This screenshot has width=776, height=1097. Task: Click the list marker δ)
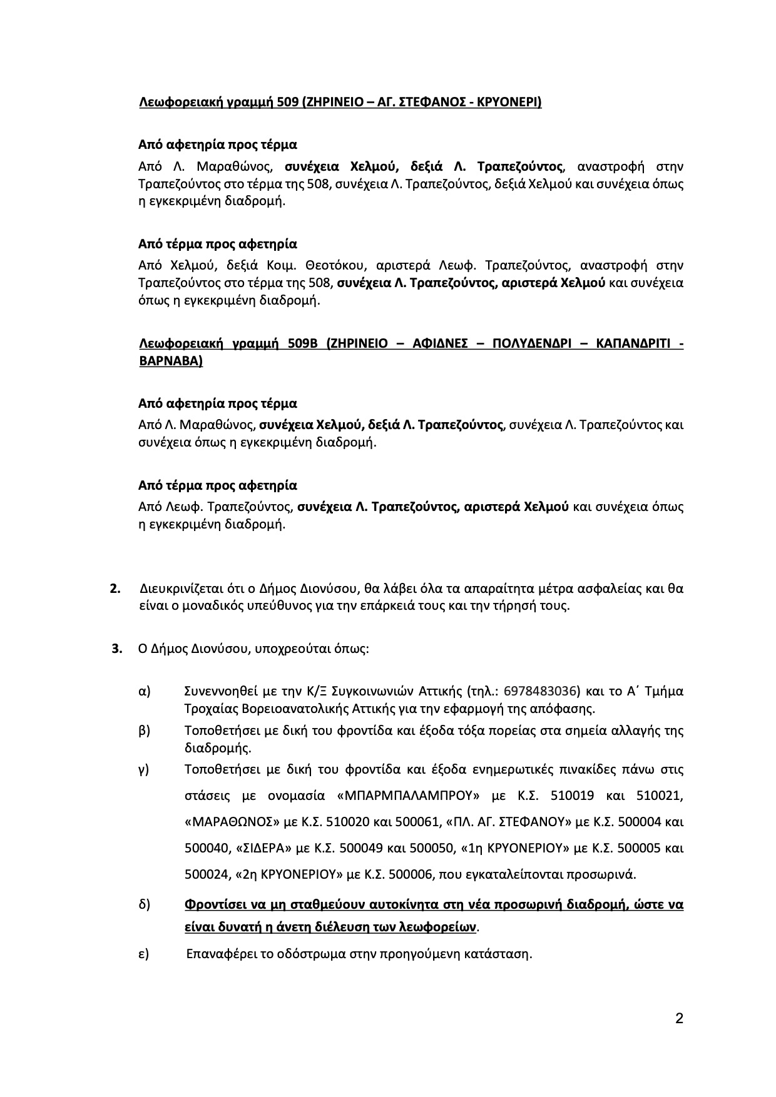coord(145,905)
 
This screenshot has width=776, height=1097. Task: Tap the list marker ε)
coord(144,955)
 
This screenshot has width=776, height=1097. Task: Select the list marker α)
coord(145,692)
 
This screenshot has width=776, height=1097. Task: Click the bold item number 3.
coord(116,649)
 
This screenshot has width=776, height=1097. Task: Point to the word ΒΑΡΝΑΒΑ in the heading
coord(170,361)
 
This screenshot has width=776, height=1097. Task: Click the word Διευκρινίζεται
coord(177,589)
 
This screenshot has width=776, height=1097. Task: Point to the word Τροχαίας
coord(208,709)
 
